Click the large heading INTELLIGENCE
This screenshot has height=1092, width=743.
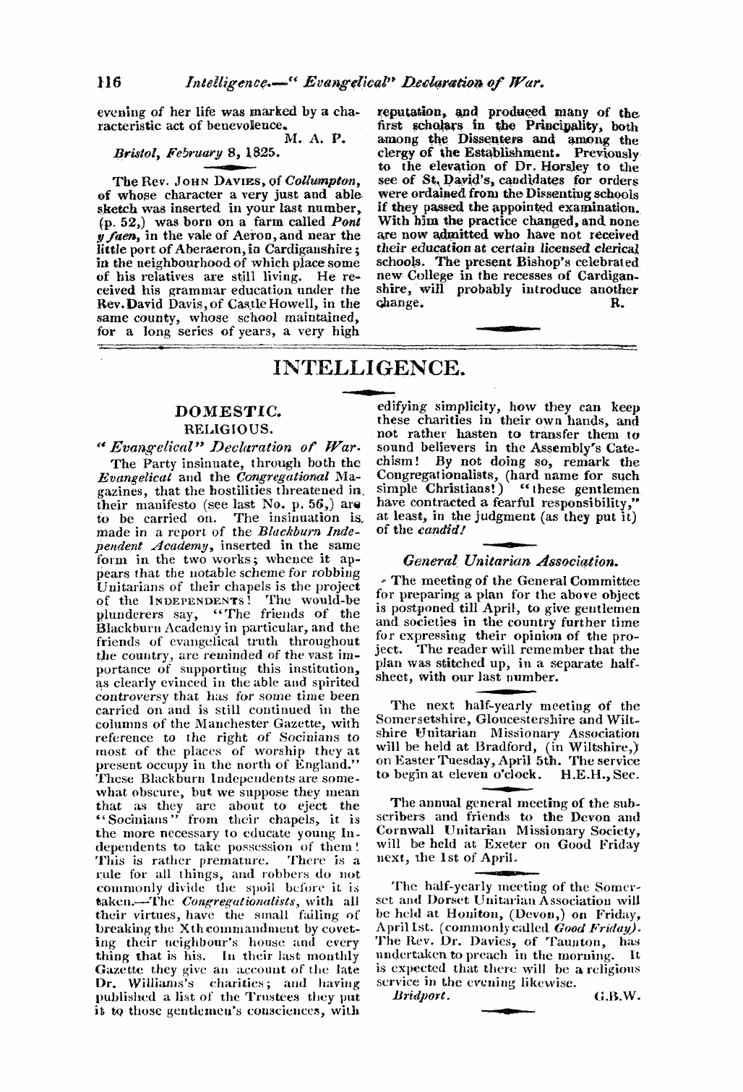click(x=369, y=368)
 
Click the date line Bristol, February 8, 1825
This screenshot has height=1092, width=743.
click(x=184, y=154)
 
